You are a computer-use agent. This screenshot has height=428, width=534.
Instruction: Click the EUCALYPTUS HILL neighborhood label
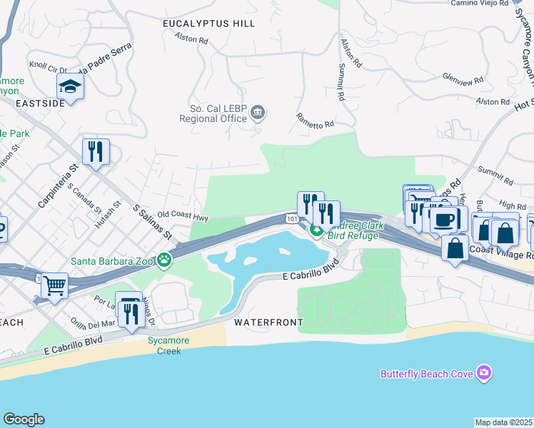(x=208, y=24)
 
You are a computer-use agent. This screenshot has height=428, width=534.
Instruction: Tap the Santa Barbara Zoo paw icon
(x=165, y=260)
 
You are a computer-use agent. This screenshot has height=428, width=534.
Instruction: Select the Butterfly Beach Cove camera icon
(x=485, y=372)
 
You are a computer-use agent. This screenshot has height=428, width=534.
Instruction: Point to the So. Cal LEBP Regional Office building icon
(x=258, y=112)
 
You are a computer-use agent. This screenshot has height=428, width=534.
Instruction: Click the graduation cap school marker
(x=71, y=87)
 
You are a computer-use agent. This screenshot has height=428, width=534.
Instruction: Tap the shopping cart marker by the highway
(x=54, y=286)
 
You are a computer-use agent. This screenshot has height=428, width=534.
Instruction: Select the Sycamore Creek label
(x=168, y=346)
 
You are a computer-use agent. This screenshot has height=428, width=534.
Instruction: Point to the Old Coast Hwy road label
(x=183, y=214)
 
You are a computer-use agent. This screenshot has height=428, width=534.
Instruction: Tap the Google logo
(x=24, y=419)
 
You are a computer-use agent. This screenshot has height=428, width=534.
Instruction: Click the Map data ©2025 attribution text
(x=504, y=422)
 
